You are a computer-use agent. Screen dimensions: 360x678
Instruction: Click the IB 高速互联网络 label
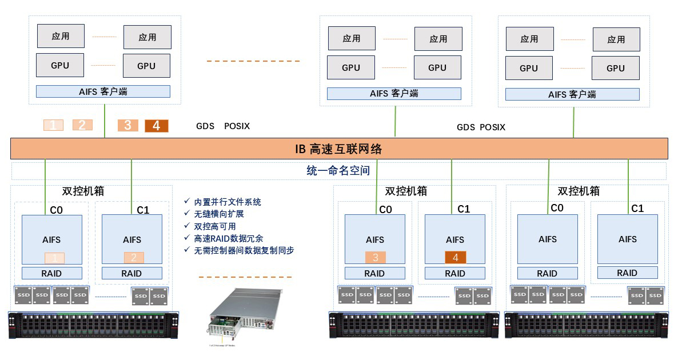pyautogui.click(x=338, y=150)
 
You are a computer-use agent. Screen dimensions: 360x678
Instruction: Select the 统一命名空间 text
pyautogui.click(x=338, y=170)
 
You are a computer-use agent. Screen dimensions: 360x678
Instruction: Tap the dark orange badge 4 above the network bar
pyautogui.click(x=156, y=126)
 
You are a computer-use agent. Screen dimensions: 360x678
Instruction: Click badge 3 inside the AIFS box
pyautogui.click(x=376, y=257)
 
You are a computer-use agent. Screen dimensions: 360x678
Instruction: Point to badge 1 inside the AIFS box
pyautogui.click(x=54, y=258)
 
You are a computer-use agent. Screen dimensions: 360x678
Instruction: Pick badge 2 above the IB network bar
pyautogui.click(x=82, y=125)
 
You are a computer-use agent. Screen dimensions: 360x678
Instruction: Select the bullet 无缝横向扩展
pyautogui.click(x=218, y=214)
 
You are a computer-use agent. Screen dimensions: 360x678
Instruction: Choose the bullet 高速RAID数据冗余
pyautogui.click(x=228, y=238)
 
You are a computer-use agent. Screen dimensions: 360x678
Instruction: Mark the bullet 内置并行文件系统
pyautogui.click(x=227, y=202)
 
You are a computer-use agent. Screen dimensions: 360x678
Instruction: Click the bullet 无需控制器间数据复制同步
pyautogui.click(x=244, y=250)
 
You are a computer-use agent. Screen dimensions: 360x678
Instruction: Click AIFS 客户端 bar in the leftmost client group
pyautogui.click(x=103, y=91)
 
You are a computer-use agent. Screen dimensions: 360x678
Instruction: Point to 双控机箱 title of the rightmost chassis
pyautogui.click(x=579, y=191)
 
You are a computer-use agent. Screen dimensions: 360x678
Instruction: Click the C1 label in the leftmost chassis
pyautogui.click(x=143, y=210)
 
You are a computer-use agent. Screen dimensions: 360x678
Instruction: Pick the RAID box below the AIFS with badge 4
pyautogui.click(x=455, y=273)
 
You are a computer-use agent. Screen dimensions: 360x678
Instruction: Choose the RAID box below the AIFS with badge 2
pyautogui.click(x=131, y=273)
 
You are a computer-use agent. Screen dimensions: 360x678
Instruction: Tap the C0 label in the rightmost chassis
pyautogui.click(x=557, y=208)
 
